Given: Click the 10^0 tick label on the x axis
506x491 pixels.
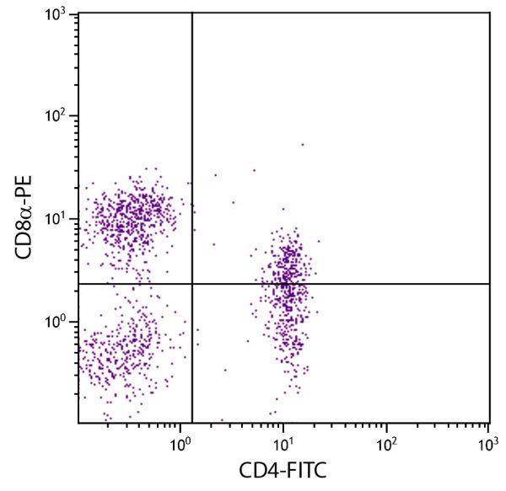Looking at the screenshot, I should coord(180,442).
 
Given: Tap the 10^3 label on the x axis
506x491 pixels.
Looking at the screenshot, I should coord(488,442).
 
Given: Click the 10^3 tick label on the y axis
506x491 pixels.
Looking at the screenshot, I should coord(58,15).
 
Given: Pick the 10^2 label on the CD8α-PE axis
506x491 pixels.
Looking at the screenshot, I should coord(58,117).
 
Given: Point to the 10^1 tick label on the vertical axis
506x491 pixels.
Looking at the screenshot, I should coord(58,220).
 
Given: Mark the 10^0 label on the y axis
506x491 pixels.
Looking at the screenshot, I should coord(58,323).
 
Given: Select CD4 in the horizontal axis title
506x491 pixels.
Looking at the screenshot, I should coord(258,470).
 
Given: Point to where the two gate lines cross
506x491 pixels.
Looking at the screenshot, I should coord(193,284).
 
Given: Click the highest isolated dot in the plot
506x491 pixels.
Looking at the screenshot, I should coord(302,144).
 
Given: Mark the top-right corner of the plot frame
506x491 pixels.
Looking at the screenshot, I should coord(490,13).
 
